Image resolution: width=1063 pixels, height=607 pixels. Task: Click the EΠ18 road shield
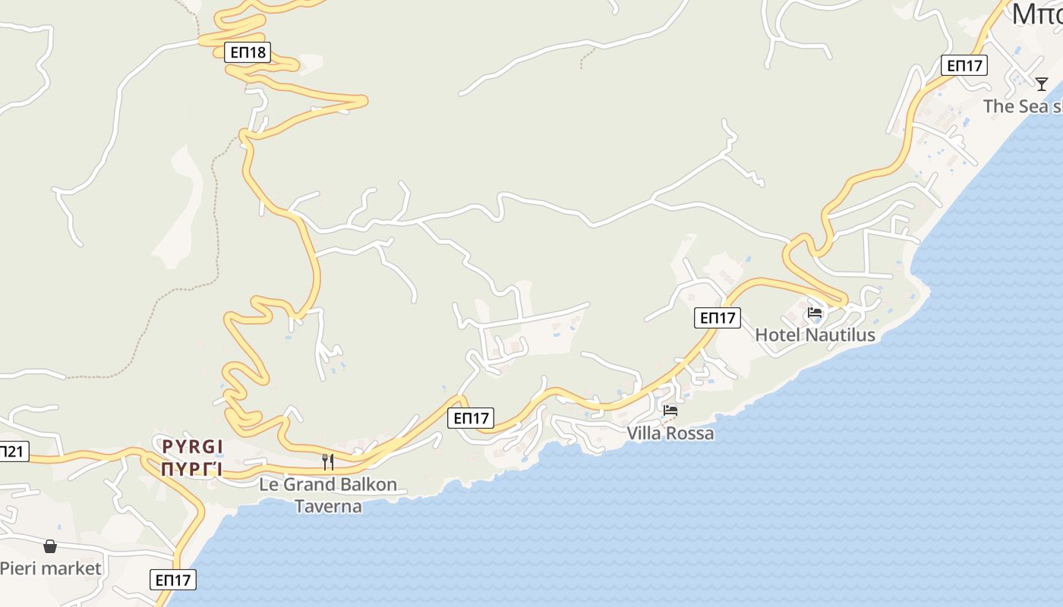click(248, 52)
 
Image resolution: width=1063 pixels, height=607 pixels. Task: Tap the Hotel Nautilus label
click(815, 335)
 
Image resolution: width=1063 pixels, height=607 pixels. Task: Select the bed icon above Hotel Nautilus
click(815, 313)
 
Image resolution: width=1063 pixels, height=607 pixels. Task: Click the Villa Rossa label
click(670, 433)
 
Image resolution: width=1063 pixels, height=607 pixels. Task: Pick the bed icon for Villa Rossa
click(670, 410)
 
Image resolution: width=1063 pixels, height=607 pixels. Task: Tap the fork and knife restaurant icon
click(328, 461)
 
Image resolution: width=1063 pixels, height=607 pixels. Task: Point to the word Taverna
click(328, 506)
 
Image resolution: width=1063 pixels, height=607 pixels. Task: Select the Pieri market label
click(50, 568)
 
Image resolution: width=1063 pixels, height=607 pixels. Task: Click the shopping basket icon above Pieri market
click(50, 546)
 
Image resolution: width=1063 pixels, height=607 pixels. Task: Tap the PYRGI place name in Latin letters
click(193, 446)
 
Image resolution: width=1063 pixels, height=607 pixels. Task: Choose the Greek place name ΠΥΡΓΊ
click(191, 469)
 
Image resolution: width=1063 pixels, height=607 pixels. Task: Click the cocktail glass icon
click(1042, 83)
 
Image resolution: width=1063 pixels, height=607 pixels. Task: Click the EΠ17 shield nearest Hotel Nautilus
click(718, 318)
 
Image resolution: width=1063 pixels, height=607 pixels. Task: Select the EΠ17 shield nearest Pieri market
click(173, 580)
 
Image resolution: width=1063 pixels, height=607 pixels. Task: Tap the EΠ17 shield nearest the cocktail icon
click(964, 65)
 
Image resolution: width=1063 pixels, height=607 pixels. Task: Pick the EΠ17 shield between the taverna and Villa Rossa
click(471, 418)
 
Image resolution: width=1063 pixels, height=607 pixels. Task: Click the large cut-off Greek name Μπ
click(1037, 14)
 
